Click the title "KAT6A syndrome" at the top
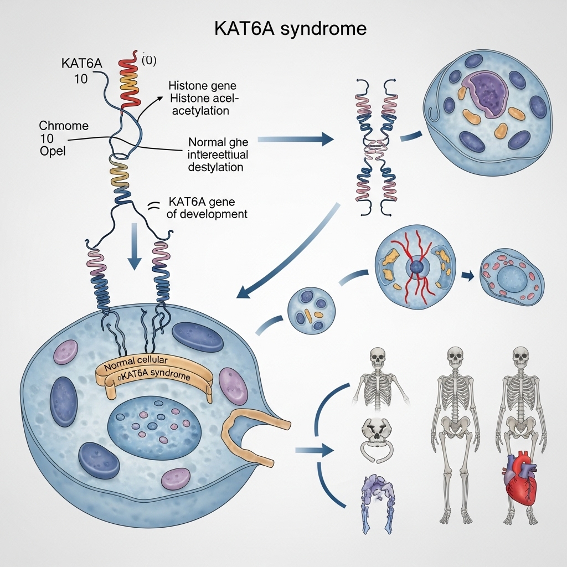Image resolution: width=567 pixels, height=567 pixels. (x=290, y=29)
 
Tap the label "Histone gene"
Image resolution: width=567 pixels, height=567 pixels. (x=202, y=86)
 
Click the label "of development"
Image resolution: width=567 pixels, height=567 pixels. (x=207, y=214)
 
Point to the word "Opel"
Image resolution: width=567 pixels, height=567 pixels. (x=53, y=151)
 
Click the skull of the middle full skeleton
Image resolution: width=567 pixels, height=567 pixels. (x=455, y=357)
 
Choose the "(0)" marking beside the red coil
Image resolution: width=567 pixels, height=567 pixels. (x=150, y=60)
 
